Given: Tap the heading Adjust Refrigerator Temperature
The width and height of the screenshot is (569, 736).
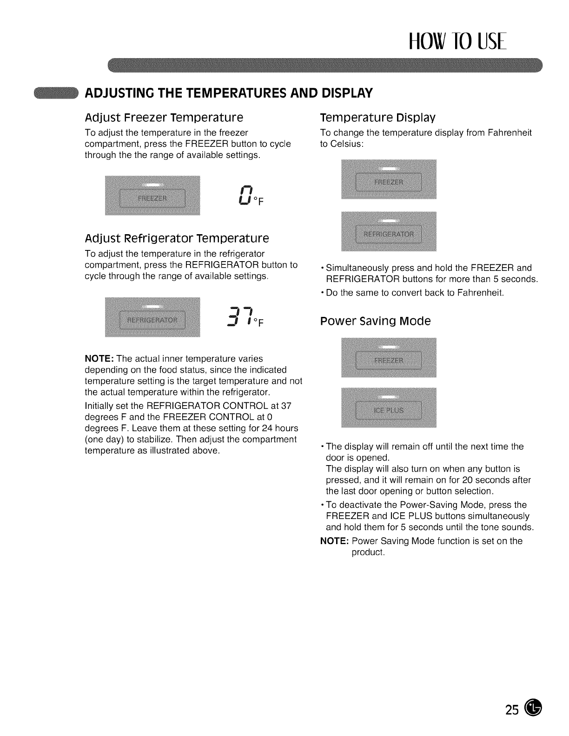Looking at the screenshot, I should point(177,238).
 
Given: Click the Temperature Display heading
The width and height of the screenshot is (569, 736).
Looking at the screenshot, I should point(378,117).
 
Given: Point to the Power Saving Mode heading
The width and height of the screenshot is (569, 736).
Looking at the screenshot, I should point(376,321).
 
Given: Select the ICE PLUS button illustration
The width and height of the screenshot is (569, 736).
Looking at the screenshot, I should point(389,410).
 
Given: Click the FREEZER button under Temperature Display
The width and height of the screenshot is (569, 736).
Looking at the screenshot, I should point(389,182).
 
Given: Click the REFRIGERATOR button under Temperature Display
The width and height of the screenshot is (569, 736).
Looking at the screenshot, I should point(389,233).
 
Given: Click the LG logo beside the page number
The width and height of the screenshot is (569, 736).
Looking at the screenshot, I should point(533,709).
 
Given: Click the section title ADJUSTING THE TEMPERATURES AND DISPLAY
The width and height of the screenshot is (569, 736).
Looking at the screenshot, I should point(228,93).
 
